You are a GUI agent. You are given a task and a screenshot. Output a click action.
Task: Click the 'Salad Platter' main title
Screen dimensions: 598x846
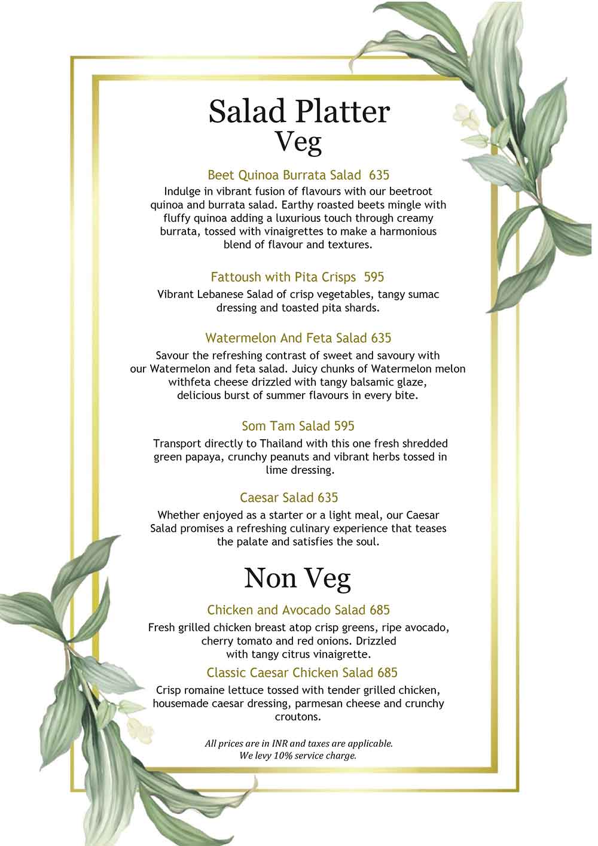click(299, 111)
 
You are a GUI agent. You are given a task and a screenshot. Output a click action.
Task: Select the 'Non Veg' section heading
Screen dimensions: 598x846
click(297, 578)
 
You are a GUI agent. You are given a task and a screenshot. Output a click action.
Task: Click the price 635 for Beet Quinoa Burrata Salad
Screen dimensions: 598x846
click(379, 175)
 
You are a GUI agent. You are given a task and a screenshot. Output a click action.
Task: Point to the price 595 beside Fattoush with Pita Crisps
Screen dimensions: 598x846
click(374, 277)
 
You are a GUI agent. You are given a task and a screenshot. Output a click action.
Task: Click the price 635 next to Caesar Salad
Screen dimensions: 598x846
click(328, 498)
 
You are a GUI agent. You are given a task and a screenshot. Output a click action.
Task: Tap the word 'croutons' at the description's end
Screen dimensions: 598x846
click(298, 717)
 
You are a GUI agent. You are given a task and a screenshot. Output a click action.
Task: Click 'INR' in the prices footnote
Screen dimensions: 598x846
click(280, 744)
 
